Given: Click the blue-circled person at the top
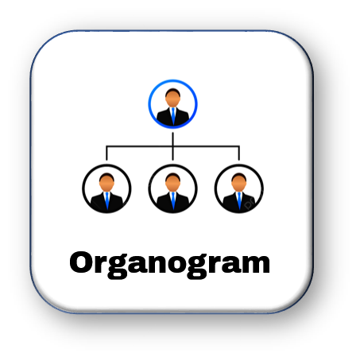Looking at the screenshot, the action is [x=172, y=104].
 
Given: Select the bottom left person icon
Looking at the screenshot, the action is [x=106, y=188].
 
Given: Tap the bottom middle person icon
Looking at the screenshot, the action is [x=172, y=188].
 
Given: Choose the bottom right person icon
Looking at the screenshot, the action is [x=239, y=188].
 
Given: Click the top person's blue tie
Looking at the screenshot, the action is [x=173, y=116].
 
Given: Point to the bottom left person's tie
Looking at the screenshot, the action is [x=107, y=200].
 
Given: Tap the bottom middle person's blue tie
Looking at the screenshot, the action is [x=173, y=200].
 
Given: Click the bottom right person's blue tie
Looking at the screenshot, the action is [x=239, y=200].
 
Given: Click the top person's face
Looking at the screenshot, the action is [x=172, y=98].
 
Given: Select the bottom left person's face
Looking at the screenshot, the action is [x=106, y=182].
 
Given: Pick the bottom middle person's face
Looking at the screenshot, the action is [x=172, y=182].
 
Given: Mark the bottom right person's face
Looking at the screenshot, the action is [x=239, y=182].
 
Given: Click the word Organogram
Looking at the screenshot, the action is [x=170, y=265].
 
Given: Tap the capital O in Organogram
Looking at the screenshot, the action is [x=80, y=262].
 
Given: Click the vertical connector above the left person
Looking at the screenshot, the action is [x=106, y=153].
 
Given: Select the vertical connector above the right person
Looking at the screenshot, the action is [x=239, y=153].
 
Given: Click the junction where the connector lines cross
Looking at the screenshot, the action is [x=172, y=146].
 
